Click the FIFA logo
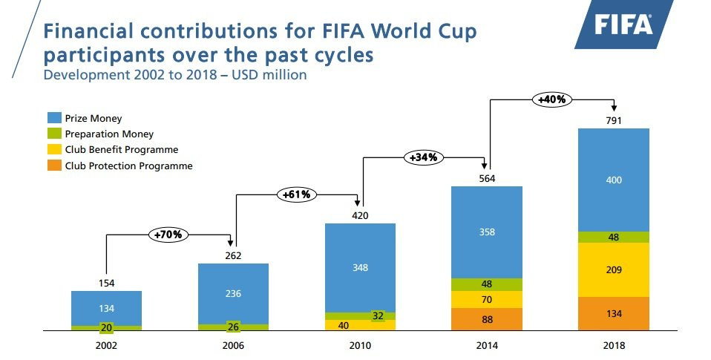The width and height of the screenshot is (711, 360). click(623, 25)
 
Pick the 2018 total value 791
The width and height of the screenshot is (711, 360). click(614, 120)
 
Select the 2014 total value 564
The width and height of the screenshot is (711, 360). click(487, 178)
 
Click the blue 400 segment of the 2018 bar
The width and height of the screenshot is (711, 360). click(614, 180)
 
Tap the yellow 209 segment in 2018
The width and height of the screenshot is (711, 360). click(614, 269)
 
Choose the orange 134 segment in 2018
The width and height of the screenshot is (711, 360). click(614, 313)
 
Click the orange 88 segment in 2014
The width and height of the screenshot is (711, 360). click(487, 319)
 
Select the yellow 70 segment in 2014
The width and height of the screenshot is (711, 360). click(487, 300)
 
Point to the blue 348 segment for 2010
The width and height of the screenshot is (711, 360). click(360, 267)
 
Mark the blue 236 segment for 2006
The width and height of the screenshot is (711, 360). click(233, 293)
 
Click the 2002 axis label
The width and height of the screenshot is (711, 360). click(106, 345)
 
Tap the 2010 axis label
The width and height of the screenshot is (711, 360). click(360, 345)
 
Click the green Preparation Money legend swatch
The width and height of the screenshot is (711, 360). click(54, 134)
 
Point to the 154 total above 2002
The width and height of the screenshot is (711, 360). click(106, 283)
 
